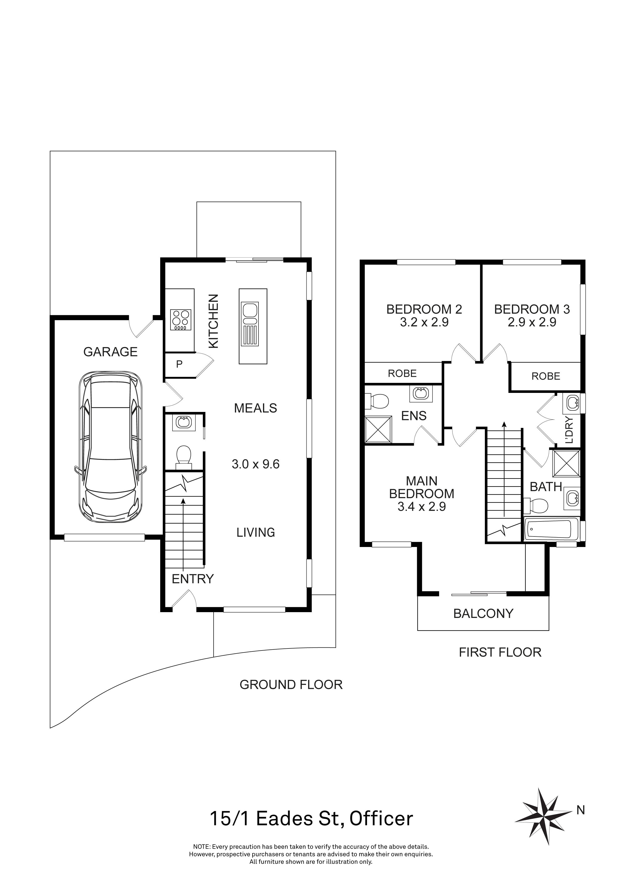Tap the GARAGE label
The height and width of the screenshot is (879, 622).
pos(110,352)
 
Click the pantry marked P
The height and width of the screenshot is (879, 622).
pos(179,365)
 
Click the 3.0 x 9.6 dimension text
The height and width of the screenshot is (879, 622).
pos(255,464)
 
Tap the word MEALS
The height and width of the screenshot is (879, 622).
pos(255,408)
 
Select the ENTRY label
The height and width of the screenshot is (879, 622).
pos(192,579)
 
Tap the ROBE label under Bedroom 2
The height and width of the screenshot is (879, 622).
pos(402,373)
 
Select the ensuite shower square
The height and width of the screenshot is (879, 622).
pos(378,429)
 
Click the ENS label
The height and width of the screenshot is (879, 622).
pos(414,416)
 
